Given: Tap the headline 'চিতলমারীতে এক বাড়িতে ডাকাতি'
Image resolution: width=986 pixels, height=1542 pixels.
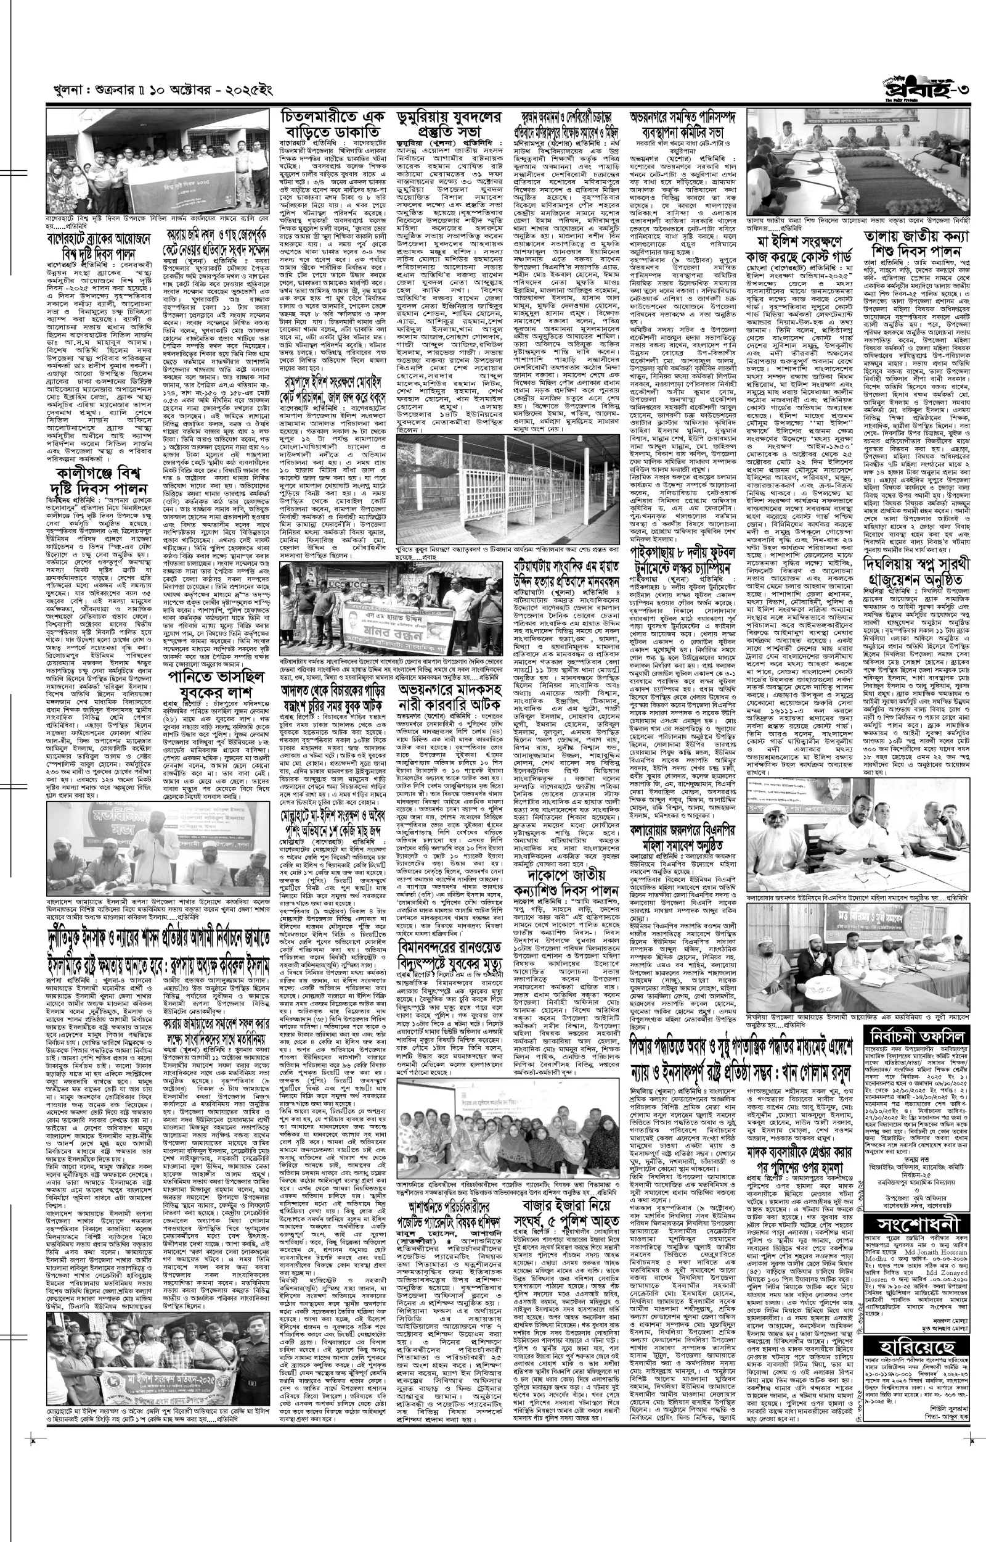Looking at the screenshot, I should click(333, 126).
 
